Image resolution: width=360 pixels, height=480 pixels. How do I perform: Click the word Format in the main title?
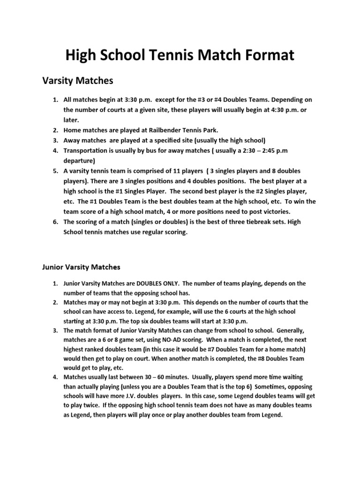click(261, 56)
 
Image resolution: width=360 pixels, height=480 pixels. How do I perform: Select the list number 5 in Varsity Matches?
click(54, 171)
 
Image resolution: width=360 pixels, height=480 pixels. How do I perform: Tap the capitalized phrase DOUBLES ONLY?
click(156, 284)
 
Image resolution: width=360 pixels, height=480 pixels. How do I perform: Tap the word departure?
click(79, 160)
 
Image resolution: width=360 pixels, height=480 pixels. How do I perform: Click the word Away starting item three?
click(73, 140)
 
